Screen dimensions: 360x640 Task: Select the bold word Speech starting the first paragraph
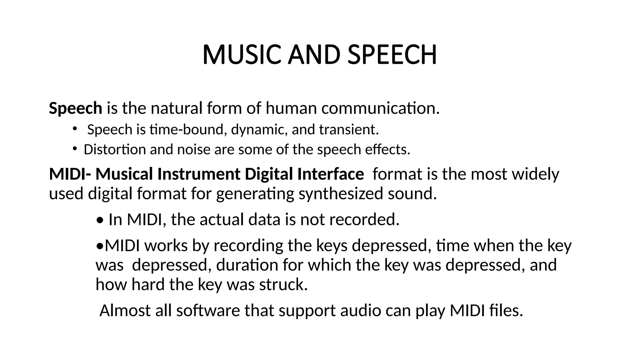(x=75, y=108)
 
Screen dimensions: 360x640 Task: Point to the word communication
(x=380, y=108)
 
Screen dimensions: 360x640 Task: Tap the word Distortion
(x=115, y=150)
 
